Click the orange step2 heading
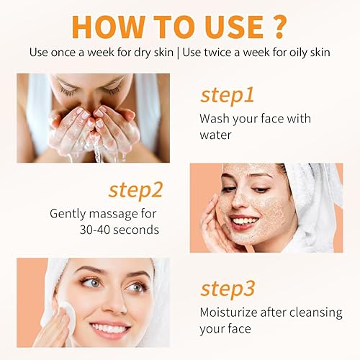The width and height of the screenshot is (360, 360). (135, 190)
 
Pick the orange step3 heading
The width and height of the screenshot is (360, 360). (228, 288)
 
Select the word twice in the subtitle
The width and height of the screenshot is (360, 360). (221, 53)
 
